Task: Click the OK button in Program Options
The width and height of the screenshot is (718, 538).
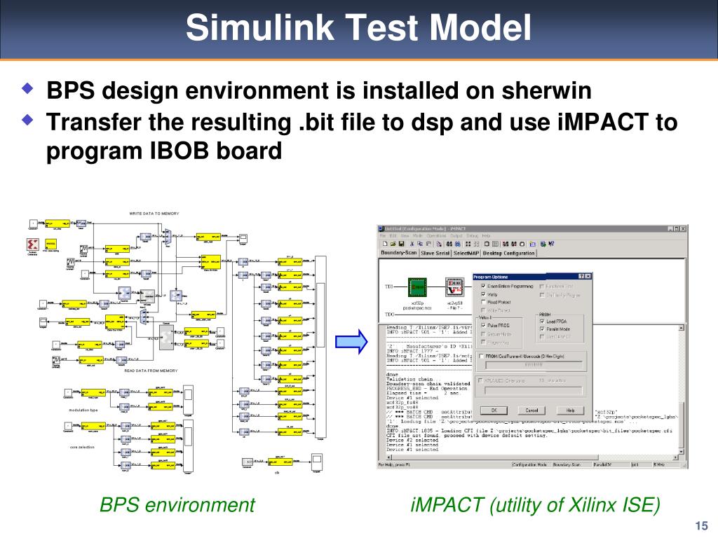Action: click(x=494, y=410)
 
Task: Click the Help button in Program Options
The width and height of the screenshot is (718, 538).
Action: click(x=569, y=410)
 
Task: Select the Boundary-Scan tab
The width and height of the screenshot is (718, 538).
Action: click(x=398, y=253)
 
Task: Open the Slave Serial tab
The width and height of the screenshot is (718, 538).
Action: click(x=435, y=253)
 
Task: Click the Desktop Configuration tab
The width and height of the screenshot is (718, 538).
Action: click(x=510, y=253)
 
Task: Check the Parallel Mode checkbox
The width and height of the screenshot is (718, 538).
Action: click(x=541, y=329)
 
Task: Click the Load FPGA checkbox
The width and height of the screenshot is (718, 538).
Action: click(x=541, y=321)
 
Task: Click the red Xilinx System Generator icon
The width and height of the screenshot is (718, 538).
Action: click(x=32, y=243)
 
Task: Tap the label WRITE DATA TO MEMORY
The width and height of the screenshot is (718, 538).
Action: click(x=154, y=213)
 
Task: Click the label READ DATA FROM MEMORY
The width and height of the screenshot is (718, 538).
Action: click(x=151, y=371)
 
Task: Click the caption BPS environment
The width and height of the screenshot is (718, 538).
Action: click(x=177, y=504)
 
